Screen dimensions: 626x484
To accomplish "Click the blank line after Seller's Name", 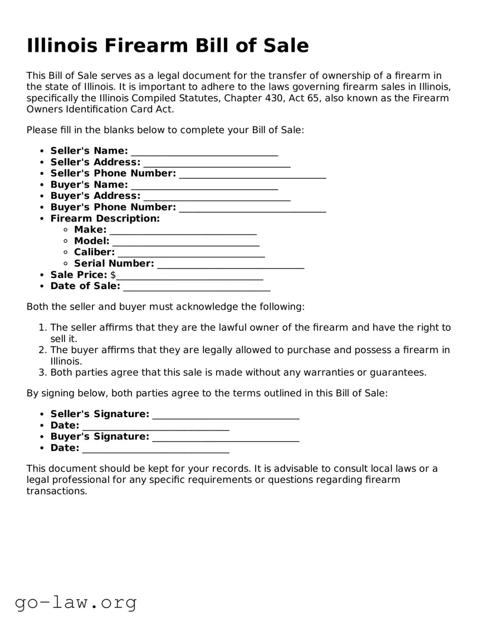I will [204, 152].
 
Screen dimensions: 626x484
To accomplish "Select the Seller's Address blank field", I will [217, 163].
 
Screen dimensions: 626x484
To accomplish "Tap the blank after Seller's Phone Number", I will [252, 174].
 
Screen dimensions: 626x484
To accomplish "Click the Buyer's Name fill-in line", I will [204, 185].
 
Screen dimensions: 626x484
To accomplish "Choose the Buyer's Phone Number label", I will [113, 207].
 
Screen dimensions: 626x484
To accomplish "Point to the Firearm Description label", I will [105, 218].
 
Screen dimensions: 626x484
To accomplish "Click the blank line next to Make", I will [183, 230].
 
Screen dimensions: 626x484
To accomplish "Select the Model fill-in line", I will [185, 241].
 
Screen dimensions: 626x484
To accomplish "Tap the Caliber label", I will [94, 252].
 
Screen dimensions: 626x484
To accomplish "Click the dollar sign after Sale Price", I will [113, 275].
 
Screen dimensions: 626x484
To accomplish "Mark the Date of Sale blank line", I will [196, 286].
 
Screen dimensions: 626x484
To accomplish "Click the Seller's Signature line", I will [226, 414].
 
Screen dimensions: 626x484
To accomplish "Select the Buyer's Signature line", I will [226, 437].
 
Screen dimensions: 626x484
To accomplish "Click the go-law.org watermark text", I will [76, 602].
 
